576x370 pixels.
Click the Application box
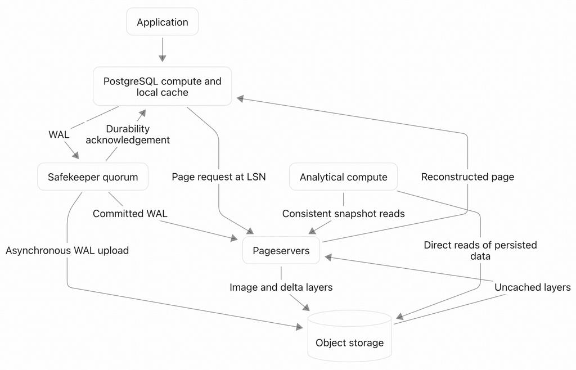[x=163, y=22]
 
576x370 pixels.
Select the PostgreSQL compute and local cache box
[x=163, y=86]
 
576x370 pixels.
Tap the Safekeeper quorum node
[x=93, y=177]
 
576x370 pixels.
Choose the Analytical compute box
[x=344, y=177]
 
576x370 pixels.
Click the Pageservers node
[x=281, y=251]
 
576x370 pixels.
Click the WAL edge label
[x=58, y=134]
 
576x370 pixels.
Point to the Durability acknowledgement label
[x=128, y=134]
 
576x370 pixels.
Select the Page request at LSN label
[x=219, y=177]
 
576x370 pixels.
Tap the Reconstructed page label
[x=467, y=177]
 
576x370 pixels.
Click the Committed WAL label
[x=130, y=214]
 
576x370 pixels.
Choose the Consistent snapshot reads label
[x=344, y=214]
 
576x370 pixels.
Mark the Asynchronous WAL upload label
[x=67, y=250]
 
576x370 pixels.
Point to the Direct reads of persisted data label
[x=480, y=250]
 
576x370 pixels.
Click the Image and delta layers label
[x=281, y=287]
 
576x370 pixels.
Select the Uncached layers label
[x=533, y=287]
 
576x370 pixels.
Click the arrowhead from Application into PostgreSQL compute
[x=163, y=58]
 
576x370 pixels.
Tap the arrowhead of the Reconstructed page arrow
[x=240, y=98]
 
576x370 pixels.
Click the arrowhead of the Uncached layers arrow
[x=328, y=258]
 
